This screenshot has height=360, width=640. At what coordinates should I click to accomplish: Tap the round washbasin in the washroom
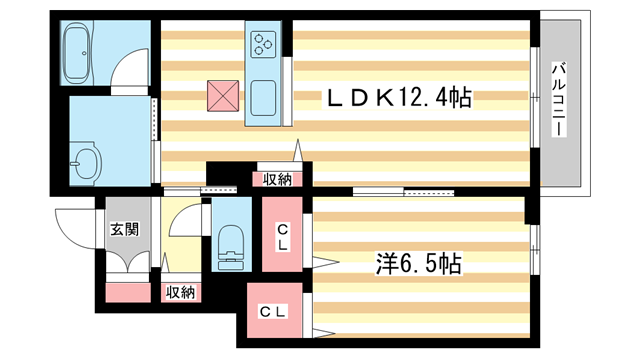85,160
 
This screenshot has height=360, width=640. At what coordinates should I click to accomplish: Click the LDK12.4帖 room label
397,98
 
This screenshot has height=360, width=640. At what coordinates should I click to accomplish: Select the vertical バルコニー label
560,100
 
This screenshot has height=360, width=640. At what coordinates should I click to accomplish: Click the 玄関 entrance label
124,228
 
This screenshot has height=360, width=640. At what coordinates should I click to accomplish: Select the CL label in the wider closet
275,314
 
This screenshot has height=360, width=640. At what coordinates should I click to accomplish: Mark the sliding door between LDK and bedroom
402,191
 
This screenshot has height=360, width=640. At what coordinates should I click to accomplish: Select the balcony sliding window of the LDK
536,100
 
